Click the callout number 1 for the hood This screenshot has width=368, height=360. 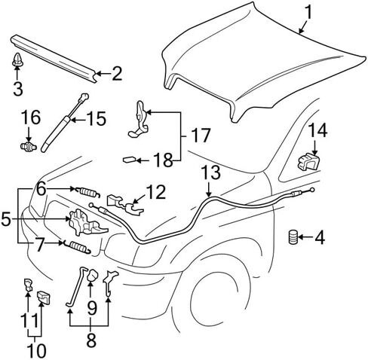point(308,13)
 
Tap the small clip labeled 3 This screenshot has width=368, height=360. point(17,59)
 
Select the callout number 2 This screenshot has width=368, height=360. point(117,74)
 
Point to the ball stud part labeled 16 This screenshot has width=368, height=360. point(28,146)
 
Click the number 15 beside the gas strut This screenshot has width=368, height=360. point(97,118)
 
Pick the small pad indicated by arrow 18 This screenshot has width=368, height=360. point(129,160)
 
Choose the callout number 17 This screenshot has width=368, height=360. point(200,136)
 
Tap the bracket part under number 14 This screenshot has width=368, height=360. point(308,162)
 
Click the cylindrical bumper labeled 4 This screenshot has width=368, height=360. point(293,236)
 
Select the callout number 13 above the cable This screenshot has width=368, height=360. point(211,172)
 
